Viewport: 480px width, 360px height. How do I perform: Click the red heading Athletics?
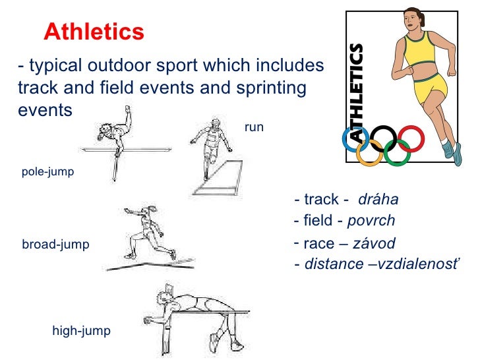[94, 30]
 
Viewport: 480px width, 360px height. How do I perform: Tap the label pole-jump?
[47, 172]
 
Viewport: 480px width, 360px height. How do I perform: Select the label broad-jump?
[55, 245]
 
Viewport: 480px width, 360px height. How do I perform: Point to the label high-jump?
[81, 330]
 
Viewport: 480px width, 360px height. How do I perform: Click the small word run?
[254, 127]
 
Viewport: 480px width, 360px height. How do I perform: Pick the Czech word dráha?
[378, 200]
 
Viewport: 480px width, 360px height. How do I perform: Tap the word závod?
[374, 244]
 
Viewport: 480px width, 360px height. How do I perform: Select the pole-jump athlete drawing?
[115, 138]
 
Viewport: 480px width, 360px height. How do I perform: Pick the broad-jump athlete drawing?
[146, 234]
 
